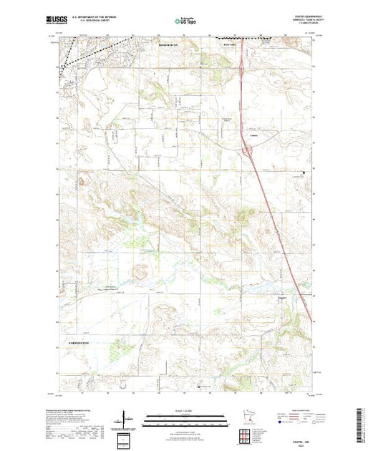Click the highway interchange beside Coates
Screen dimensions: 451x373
click(248, 150)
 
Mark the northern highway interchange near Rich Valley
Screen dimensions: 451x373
click(243, 69)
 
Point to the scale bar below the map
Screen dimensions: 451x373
click(186, 419)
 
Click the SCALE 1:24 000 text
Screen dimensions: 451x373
click(186, 411)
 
